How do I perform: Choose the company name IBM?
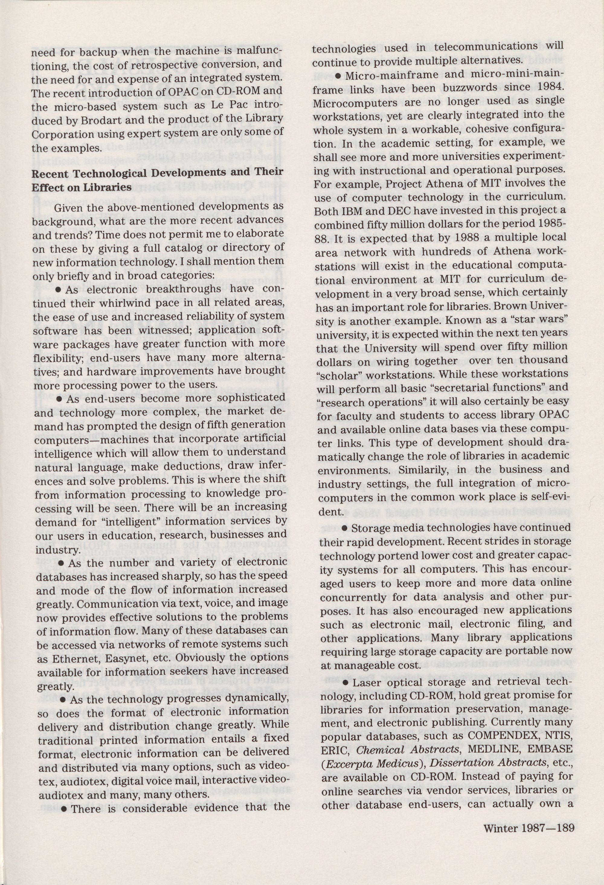pos(344,210)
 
